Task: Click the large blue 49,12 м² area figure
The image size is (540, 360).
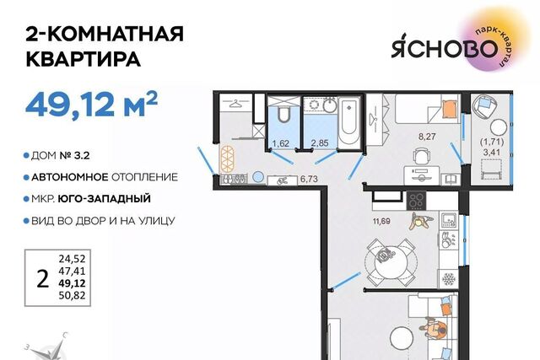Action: click(x=91, y=104)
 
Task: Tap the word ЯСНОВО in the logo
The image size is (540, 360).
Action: click(x=445, y=49)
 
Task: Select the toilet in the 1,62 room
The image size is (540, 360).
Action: click(x=284, y=115)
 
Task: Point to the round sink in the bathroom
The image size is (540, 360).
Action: click(x=330, y=105)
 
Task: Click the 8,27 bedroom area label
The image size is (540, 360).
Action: click(x=427, y=137)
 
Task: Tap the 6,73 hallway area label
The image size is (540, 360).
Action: click(x=309, y=179)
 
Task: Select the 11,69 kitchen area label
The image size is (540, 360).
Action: click(x=381, y=221)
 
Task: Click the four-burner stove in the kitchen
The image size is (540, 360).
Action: click(x=416, y=200)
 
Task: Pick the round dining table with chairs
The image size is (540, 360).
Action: click(x=391, y=261)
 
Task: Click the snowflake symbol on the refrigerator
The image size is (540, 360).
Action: click(x=449, y=279)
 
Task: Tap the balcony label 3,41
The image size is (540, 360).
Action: click(x=491, y=152)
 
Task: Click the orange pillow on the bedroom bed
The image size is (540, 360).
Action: click(x=449, y=109)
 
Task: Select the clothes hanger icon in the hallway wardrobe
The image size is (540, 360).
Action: click(x=236, y=103)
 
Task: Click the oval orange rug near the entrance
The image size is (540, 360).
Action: click(x=227, y=159)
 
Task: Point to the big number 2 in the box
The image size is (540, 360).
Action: click(x=42, y=279)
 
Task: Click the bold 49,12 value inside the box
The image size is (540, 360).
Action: click(x=72, y=283)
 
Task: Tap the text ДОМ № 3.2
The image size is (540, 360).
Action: click(x=61, y=156)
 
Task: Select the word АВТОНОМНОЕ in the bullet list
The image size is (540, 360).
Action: click(x=70, y=177)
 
